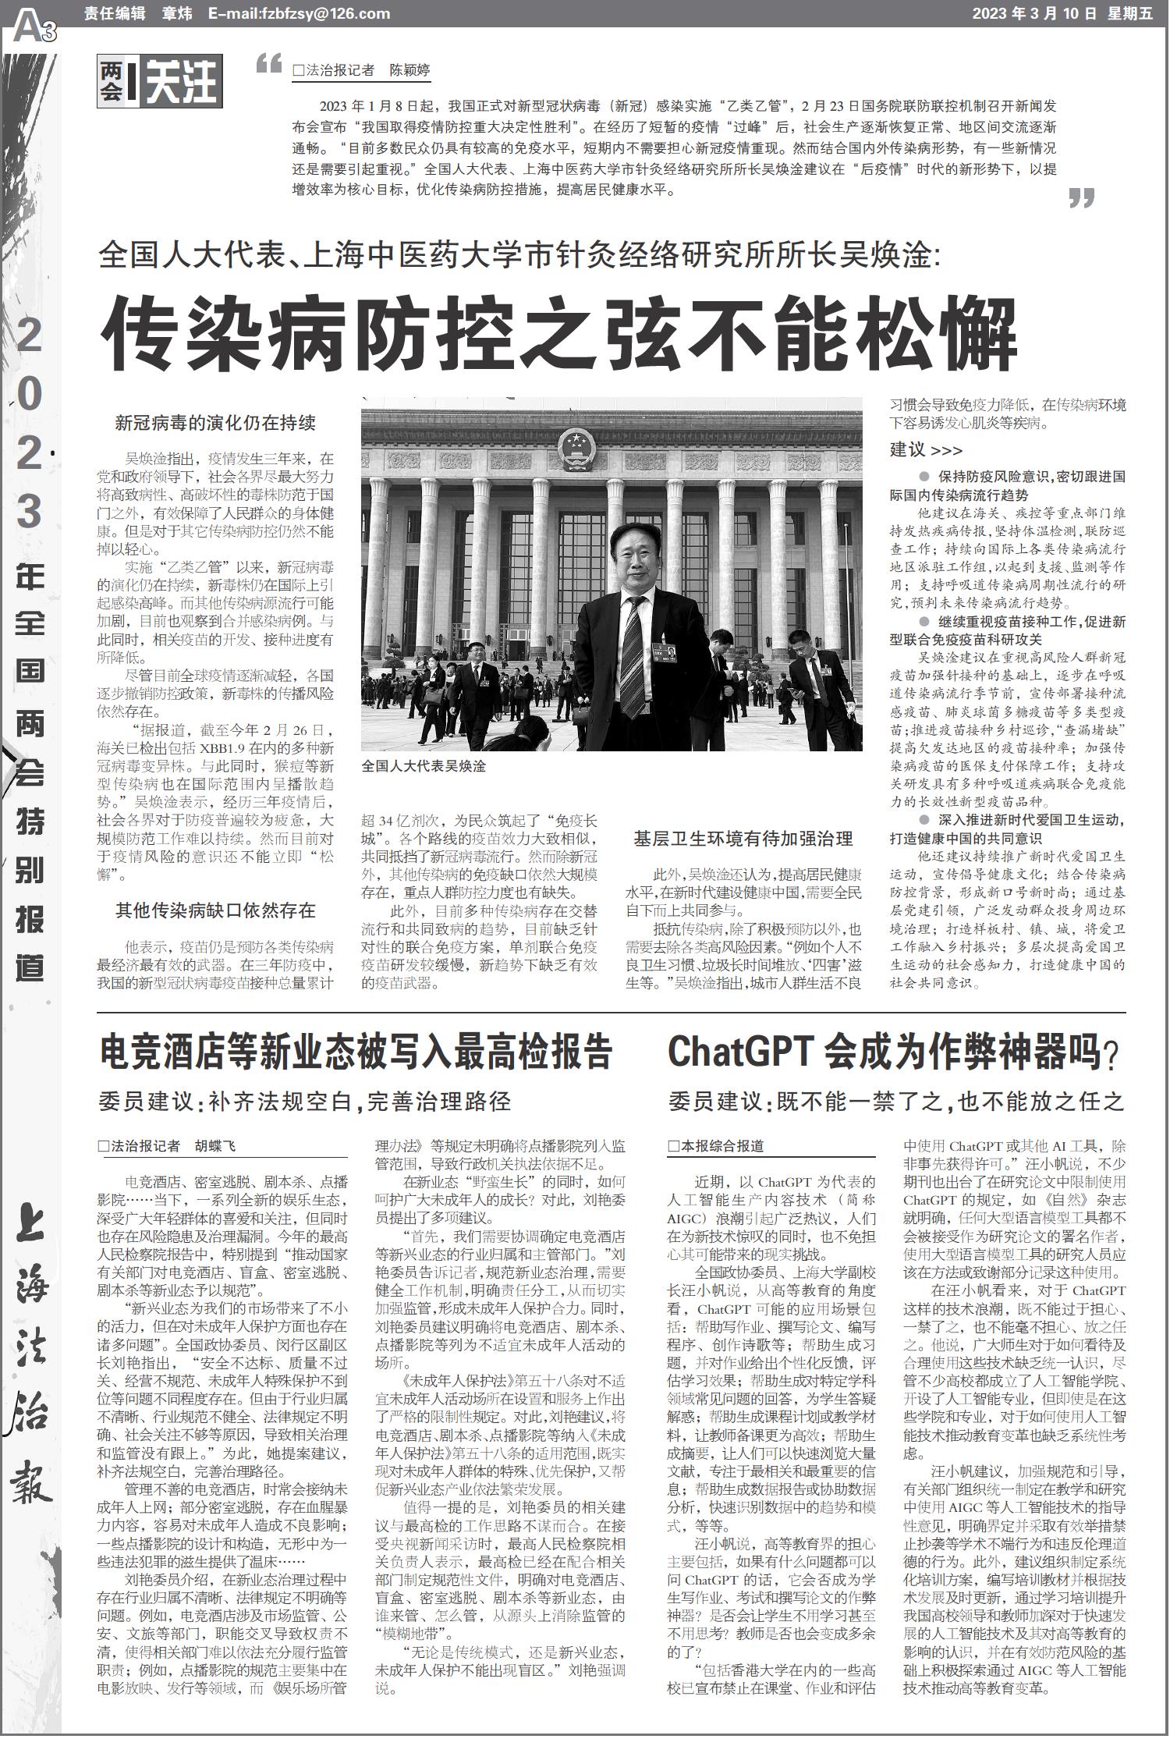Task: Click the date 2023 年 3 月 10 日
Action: point(1034,13)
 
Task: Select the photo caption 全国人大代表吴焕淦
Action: point(424,766)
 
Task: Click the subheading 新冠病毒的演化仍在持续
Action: point(215,424)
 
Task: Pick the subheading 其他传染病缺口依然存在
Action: point(215,910)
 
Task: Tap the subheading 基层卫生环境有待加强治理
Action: point(743,839)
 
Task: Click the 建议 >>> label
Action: point(926,450)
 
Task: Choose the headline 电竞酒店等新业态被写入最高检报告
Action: point(356,1052)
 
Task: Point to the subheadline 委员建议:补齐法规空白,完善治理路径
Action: point(305,1101)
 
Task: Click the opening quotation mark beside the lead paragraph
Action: point(268,64)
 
